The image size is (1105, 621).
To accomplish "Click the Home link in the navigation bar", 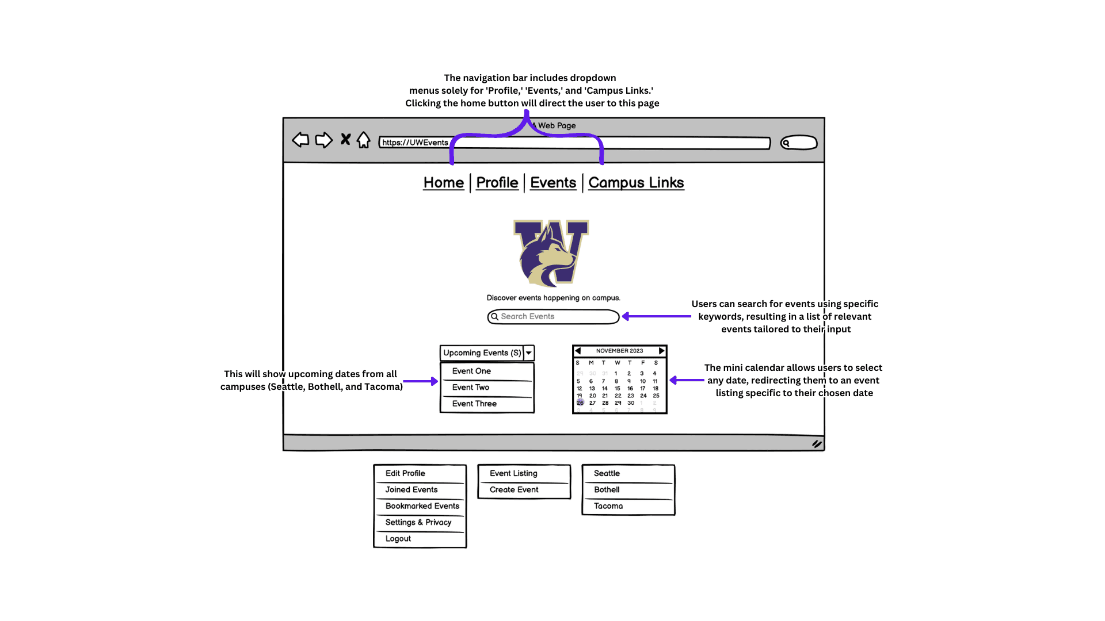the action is tap(443, 183).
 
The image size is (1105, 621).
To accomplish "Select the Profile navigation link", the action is tap(497, 183).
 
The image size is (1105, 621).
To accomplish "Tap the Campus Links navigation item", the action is tap(636, 183).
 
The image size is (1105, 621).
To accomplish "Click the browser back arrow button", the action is tap(300, 140).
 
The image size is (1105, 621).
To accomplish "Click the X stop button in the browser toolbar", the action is tap(345, 139).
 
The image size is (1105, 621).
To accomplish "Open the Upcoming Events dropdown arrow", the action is tap(529, 353).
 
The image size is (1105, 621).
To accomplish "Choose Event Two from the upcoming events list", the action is tap(471, 388).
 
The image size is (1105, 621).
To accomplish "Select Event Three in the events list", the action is tap(474, 404).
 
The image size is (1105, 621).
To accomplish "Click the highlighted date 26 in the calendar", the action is tap(580, 403).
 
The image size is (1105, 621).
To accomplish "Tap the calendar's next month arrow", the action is tap(662, 351).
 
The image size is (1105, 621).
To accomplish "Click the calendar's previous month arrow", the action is tap(578, 351).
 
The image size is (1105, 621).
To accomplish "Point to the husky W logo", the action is tap(551, 253).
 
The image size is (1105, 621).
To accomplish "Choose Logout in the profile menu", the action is tap(398, 539).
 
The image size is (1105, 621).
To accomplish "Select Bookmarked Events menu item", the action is tap(422, 506).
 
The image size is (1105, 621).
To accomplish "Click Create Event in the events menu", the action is tap(514, 490).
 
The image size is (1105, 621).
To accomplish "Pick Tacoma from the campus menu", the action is tap(608, 506).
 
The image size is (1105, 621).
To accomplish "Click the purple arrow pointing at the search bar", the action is tap(657, 316).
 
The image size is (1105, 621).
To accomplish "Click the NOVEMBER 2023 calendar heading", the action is tap(619, 351).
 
